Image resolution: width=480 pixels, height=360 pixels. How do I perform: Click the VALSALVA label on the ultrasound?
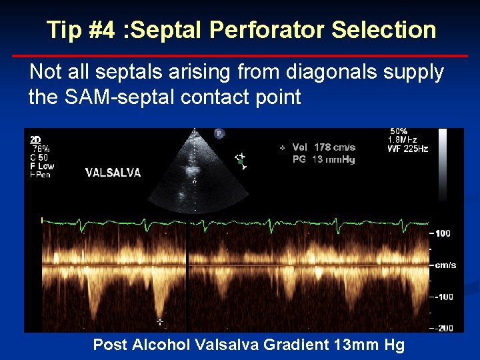pos(113,173)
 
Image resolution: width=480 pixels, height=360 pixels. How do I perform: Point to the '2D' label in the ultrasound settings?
pos(35,139)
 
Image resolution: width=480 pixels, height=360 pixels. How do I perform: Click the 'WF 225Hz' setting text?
pos(407,149)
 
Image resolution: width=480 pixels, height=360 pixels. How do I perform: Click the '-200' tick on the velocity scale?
pos(445,327)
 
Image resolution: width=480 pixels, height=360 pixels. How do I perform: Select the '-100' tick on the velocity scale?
pos(445,297)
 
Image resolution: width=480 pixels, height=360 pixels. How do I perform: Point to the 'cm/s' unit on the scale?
pos(445,265)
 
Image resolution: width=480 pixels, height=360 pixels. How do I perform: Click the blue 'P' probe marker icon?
pos(219,134)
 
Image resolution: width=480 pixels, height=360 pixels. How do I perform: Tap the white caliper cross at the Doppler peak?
pos(159,321)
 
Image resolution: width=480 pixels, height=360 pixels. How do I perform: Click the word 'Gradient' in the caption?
pos(287,345)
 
